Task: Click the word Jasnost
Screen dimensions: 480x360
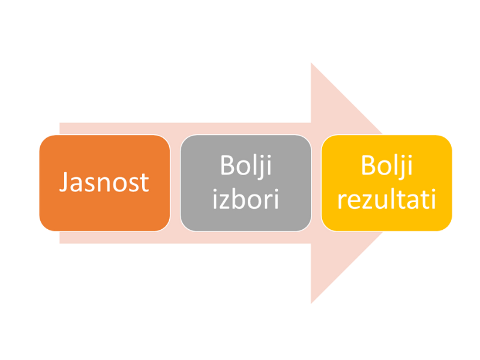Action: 104,182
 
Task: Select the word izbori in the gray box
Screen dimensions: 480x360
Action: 245,199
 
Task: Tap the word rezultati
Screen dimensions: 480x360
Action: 386,199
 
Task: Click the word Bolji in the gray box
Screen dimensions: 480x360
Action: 246,166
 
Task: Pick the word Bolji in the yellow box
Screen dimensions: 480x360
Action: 386,166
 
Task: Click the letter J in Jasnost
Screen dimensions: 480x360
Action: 64,182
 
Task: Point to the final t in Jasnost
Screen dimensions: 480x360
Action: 145,184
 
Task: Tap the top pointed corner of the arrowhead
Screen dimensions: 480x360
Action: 311,63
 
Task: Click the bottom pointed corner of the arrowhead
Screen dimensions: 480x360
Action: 311,304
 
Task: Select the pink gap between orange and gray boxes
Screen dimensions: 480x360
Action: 175,183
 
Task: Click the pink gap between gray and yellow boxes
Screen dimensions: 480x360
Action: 316,183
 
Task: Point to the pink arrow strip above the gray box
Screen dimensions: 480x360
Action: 246,128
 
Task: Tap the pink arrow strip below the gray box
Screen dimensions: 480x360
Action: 246,238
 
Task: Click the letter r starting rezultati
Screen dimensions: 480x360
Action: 342,202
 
